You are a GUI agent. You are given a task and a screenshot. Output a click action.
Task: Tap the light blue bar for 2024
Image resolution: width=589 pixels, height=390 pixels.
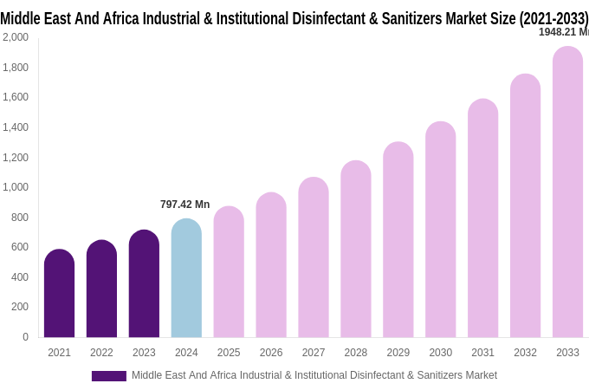[186, 278]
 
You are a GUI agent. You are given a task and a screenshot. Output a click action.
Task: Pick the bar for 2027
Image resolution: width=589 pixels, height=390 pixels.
[314, 257]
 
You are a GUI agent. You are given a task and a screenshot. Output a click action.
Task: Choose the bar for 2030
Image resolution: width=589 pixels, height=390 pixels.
[440, 230]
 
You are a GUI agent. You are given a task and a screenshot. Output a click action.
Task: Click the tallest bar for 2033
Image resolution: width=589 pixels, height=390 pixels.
[567, 192]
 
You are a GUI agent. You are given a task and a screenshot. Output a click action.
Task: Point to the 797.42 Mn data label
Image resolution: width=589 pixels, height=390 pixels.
[184, 205]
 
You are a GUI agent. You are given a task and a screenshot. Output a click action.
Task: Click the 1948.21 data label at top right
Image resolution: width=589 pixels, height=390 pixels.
[563, 32]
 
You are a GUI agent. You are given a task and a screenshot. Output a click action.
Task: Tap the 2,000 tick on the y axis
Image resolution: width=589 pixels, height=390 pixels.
[15, 37]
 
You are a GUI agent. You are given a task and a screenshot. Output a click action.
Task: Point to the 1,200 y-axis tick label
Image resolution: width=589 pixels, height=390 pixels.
[15, 158]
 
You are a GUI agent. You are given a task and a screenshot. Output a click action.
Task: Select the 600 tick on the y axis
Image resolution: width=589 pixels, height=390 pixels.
[19, 247]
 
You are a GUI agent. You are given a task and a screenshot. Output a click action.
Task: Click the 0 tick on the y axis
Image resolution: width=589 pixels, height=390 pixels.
[25, 337]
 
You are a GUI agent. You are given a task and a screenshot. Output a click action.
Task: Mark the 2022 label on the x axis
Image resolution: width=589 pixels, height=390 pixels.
[101, 353]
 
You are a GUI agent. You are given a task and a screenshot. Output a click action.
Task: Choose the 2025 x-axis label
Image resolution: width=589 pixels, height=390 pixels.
[229, 353]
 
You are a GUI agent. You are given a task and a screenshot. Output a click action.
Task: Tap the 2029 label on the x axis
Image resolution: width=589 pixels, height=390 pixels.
[398, 353]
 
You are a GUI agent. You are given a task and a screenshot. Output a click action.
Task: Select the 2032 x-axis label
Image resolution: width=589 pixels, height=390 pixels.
[525, 353]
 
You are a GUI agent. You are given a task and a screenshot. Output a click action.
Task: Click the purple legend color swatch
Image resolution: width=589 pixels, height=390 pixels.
[109, 376]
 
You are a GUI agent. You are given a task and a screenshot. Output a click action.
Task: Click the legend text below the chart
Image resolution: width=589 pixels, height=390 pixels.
[314, 375]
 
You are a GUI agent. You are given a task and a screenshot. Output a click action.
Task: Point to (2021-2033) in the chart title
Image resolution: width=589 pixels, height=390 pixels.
[553, 18]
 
